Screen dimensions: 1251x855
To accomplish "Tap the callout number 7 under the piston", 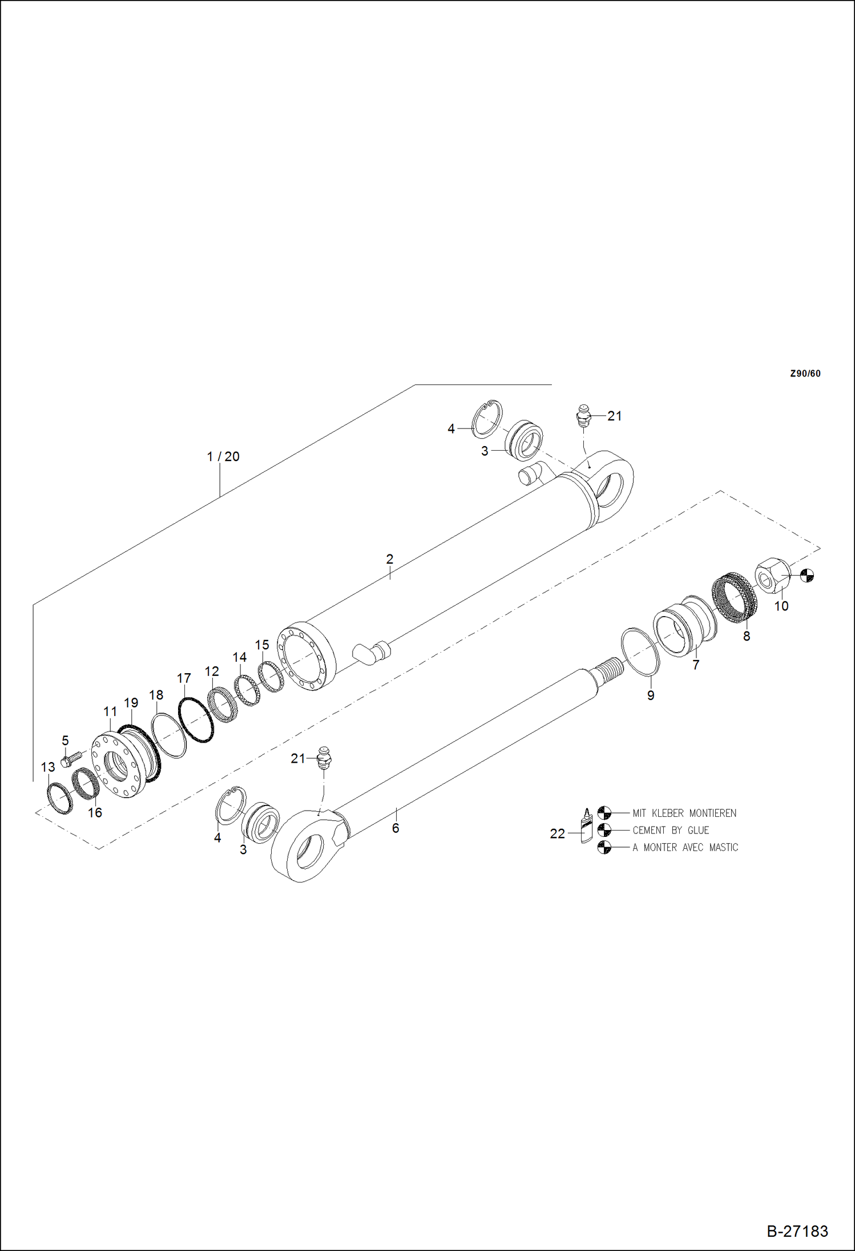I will (x=695, y=665).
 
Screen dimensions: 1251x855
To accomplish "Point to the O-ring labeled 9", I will (x=640, y=651).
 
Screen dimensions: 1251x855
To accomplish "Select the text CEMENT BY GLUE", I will (x=671, y=830).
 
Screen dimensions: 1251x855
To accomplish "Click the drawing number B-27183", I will (x=797, y=1232).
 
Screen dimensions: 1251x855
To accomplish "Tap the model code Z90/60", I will (x=805, y=374).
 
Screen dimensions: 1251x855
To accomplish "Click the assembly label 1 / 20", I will (x=223, y=456).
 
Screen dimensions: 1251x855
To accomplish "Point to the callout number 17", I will (x=184, y=678).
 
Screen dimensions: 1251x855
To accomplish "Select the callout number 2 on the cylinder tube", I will (x=389, y=559).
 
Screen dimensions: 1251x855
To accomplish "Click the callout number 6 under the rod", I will (x=396, y=828).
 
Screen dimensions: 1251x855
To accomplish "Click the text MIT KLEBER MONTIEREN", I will (x=684, y=813).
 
